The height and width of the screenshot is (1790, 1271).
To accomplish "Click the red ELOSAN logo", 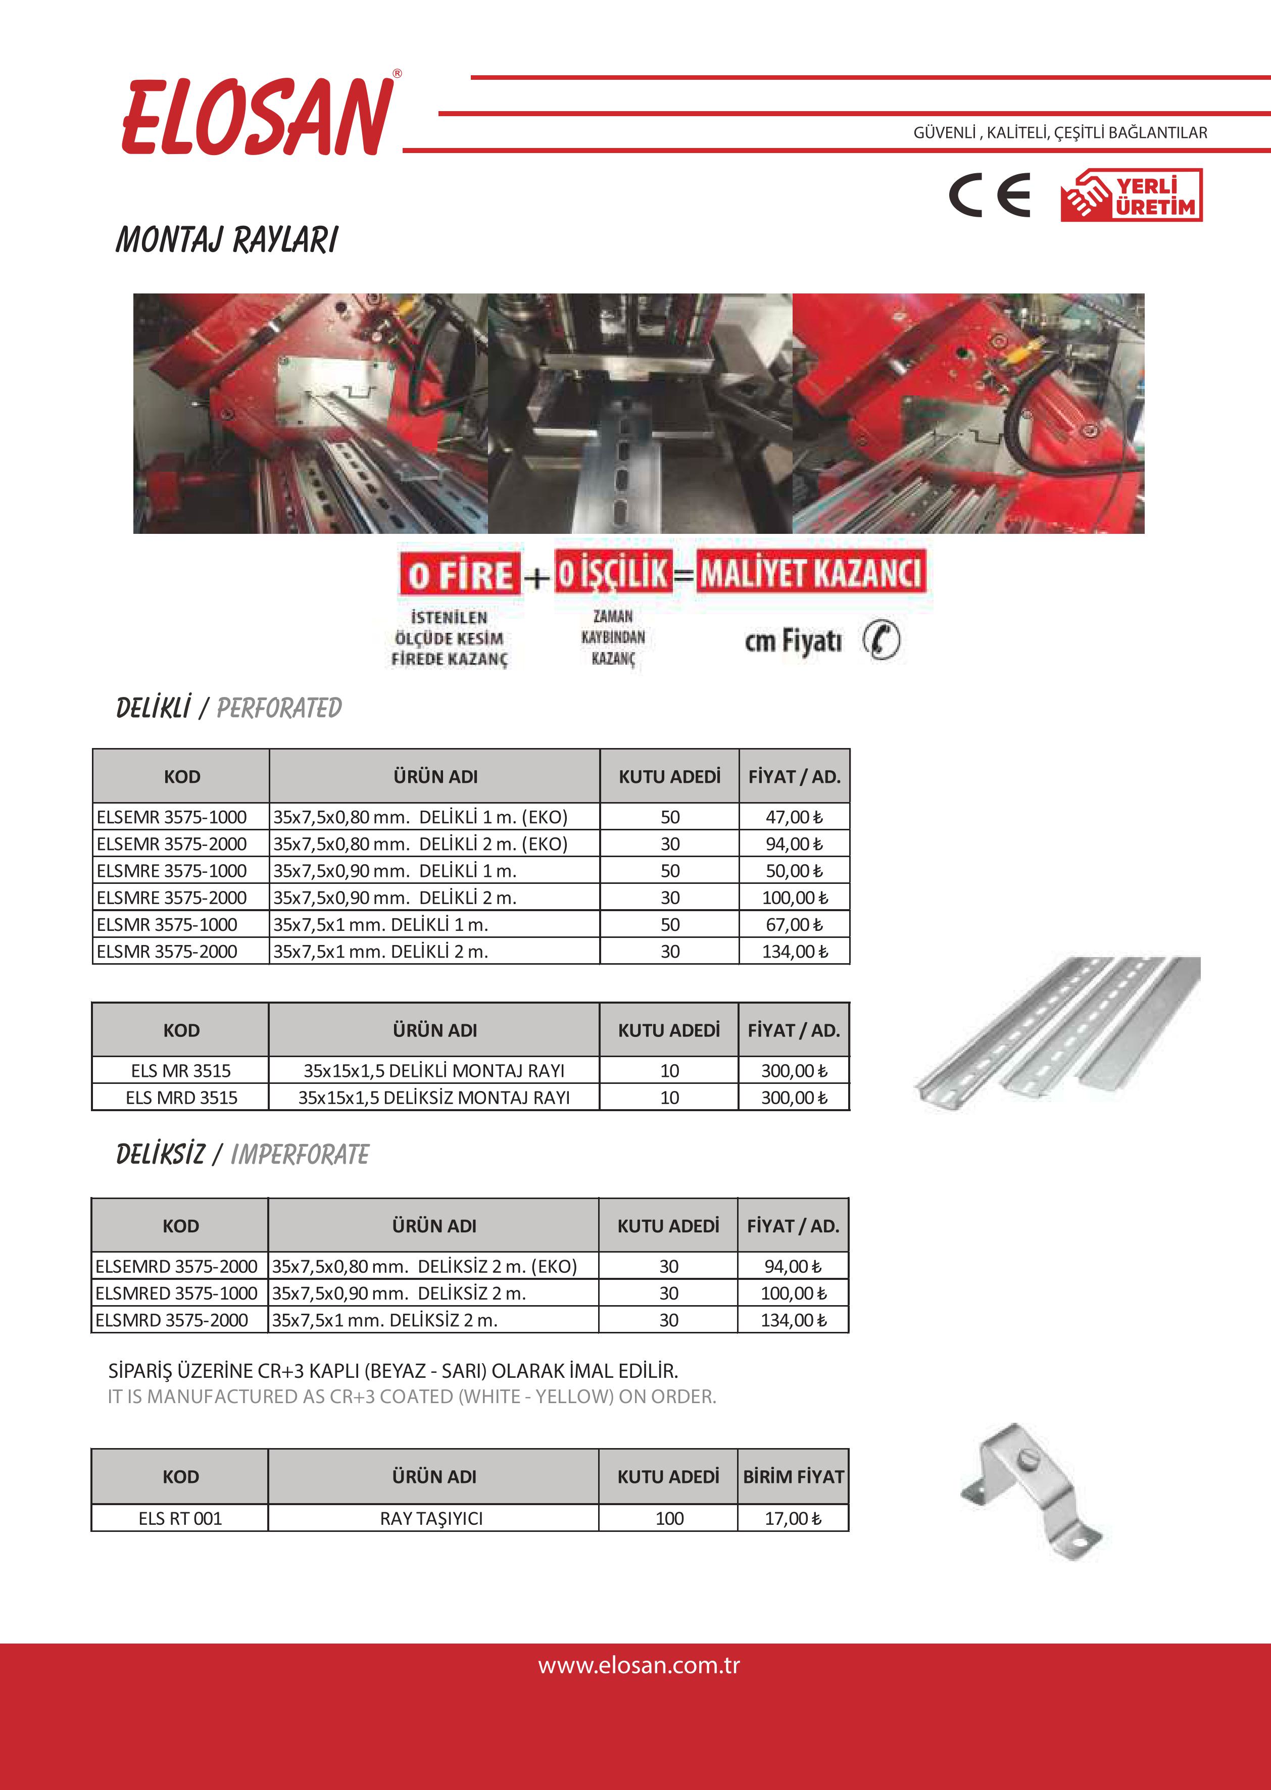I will [258, 116].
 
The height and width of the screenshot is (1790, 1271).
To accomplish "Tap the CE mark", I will [990, 195].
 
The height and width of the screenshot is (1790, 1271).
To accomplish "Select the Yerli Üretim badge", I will [1131, 195].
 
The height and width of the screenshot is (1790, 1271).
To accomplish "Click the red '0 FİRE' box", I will [460, 575].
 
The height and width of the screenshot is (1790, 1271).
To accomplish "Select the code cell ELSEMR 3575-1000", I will [172, 817].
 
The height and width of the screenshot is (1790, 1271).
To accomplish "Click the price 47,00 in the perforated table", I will [794, 817].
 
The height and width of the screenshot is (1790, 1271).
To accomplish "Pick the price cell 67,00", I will [794, 925].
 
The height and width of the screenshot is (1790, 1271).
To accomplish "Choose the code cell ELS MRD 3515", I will [181, 1098].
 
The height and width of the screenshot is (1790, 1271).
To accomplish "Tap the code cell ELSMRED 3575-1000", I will [176, 1293].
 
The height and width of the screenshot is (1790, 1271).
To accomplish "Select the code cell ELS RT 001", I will [180, 1519].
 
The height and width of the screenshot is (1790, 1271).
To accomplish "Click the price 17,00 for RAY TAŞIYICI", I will [793, 1519].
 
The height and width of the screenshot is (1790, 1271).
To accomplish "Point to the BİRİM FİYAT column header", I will [793, 1476].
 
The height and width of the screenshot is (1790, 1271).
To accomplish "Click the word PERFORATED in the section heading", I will [279, 708].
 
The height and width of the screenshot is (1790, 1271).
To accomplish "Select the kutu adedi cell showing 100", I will [669, 1519].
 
